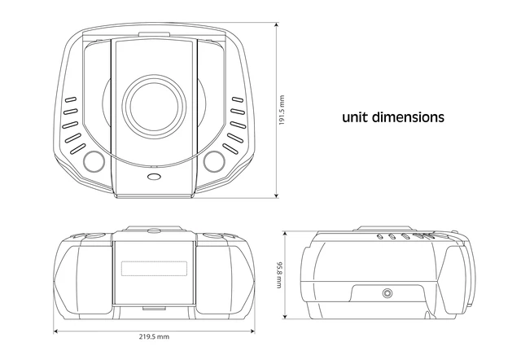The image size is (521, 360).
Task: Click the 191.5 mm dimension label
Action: pos(282,110)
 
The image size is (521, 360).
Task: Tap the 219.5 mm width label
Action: pos(154,336)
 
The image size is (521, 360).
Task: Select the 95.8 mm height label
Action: pos(280,275)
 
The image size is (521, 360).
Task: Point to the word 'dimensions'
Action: pos(408,117)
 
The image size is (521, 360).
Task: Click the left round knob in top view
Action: pos(94,161)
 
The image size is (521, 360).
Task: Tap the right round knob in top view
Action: pos(214,161)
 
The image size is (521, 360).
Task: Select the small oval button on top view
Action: pos(154,177)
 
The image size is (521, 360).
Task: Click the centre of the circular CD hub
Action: pos(154,106)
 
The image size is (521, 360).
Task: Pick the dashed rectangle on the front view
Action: pos(154,269)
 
